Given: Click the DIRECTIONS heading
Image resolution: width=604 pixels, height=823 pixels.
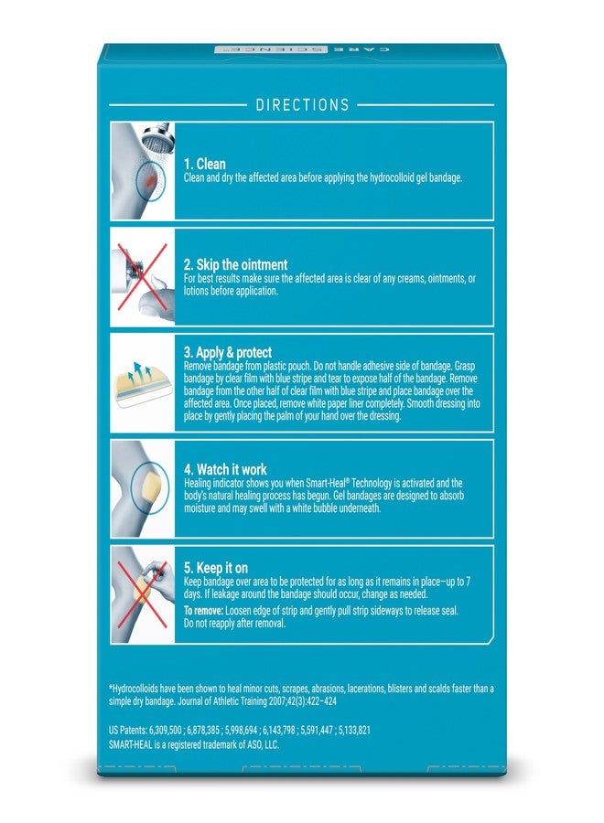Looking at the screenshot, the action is (x=302, y=104).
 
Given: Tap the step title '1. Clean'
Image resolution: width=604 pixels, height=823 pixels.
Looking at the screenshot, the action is (x=204, y=164).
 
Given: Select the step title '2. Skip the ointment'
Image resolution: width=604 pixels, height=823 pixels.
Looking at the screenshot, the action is (x=235, y=264).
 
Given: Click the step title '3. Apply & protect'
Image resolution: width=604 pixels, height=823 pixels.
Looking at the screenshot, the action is (x=228, y=352).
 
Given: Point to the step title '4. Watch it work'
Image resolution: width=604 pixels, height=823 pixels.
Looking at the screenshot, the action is (x=225, y=469).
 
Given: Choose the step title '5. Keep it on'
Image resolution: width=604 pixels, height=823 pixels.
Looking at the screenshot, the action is (x=216, y=567).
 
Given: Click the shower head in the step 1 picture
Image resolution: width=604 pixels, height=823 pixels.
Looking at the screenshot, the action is (x=159, y=137).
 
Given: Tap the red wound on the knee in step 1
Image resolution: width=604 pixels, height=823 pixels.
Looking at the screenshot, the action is (x=150, y=181).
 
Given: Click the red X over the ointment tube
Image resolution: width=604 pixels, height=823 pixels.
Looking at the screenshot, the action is (x=142, y=276).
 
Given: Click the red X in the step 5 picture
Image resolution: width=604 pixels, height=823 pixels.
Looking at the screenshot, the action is (x=142, y=594).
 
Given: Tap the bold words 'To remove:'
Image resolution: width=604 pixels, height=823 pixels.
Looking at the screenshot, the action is (x=204, y=611).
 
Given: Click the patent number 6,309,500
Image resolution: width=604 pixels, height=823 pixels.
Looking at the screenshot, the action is (x=166, y=730).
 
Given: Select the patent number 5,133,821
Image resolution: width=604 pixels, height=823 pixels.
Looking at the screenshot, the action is (x=354, y=730).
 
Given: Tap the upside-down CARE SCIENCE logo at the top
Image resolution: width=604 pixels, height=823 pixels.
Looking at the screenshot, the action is (x=302, y=49).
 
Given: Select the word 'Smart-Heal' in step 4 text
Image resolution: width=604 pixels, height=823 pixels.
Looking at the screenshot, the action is (x=325, y=483).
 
